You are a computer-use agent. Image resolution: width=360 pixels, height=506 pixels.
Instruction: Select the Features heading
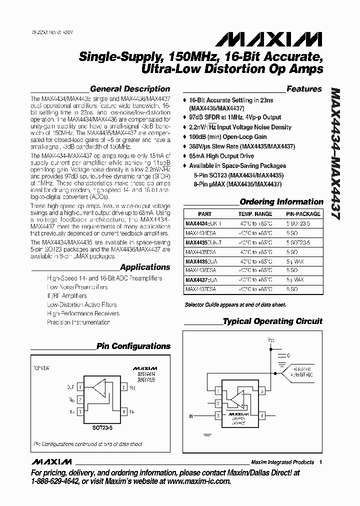click(x=304, y=89)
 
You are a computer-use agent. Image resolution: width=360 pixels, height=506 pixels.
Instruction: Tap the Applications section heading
click(x=145, y=267)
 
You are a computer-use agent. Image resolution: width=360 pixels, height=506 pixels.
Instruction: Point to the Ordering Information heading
click(x=281, y=202)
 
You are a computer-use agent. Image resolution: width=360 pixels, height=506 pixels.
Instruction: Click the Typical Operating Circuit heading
click(x=272, y=321)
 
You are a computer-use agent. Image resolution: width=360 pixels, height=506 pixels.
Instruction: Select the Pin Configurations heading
click(x=133, y=346)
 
